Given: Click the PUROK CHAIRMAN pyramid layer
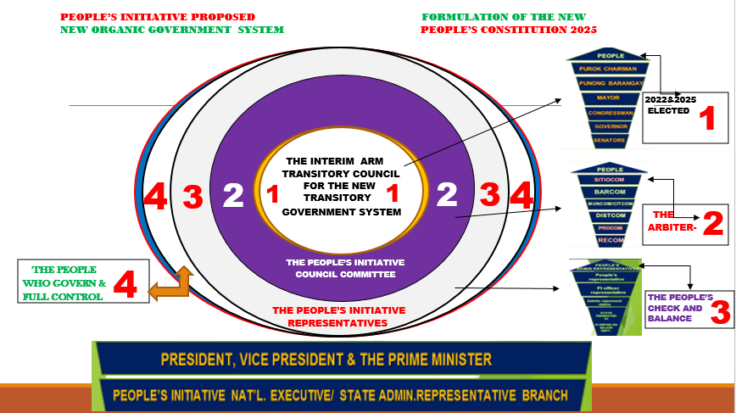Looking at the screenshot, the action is pos(605,69).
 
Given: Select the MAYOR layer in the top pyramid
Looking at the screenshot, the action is pos(605,98).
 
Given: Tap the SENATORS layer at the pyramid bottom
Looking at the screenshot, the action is pos(605,138).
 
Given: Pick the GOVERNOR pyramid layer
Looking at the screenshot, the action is pos(605,126).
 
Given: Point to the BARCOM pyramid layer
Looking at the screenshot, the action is pos(605,193).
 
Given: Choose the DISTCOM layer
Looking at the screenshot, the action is pos(605,215).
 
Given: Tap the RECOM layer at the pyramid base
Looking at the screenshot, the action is pos(605,240).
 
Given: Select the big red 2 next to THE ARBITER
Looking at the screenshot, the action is pos(714,224).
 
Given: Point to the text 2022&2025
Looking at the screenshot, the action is pos(666,99).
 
